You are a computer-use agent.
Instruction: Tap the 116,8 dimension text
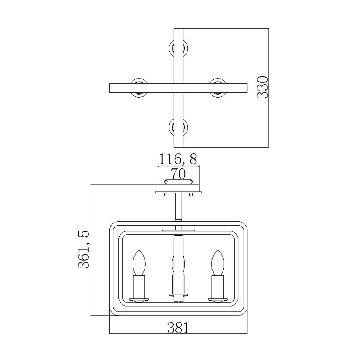[x=178, y=159]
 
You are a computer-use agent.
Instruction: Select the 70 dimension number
[x=178, y=173]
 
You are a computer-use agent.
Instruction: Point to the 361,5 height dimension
[x=84, y=250]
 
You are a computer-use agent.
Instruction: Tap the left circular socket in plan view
[x=139, y=87]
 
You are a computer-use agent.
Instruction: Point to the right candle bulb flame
[x=218, y=262]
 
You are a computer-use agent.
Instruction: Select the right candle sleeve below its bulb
[x=218, y=286]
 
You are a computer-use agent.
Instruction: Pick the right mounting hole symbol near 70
[x=191, y=181]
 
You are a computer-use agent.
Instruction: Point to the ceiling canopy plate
[x=178, y=192]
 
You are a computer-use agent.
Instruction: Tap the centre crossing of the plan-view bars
[x=179, y=87]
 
